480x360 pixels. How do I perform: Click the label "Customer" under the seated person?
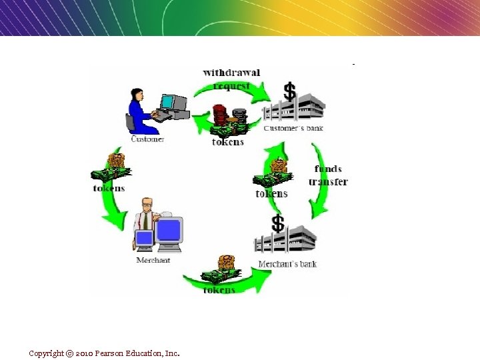147,139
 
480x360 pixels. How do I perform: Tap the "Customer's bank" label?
293,127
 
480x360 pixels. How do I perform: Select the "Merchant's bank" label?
287,264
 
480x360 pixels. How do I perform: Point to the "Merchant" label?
153,260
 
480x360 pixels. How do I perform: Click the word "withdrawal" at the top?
231,72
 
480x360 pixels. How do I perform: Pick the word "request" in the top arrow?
231,85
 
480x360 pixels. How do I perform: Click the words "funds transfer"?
328,175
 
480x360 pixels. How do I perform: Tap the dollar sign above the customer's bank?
289,91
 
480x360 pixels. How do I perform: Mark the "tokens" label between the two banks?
271,194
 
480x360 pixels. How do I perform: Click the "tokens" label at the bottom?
219,290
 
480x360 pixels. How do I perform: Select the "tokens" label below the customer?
109,189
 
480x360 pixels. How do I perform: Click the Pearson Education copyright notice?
104,353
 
